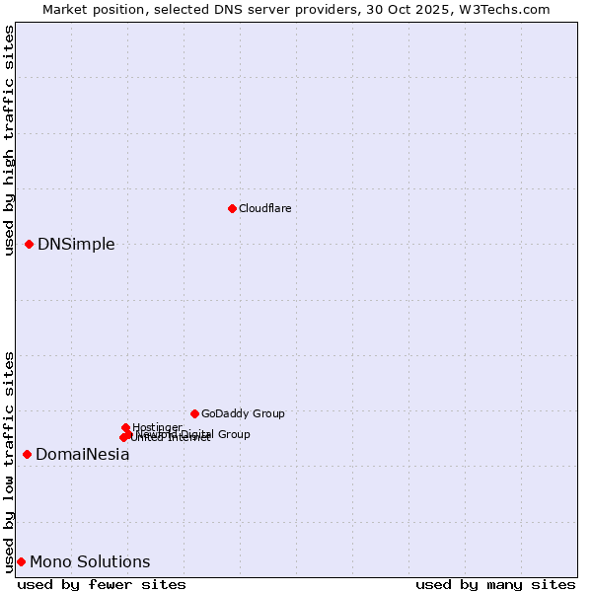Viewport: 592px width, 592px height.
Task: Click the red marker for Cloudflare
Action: point(232,208)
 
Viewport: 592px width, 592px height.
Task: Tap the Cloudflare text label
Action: point(264,208)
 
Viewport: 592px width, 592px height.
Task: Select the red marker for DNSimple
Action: point(30,244)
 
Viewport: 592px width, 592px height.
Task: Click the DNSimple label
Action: point(76,244)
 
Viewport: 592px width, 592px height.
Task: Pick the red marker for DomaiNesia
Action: point(28,454)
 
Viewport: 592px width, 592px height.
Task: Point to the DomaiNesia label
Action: point(83,455)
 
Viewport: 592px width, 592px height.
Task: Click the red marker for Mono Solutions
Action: point(21,561)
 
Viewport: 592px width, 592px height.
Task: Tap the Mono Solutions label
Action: point(90,562)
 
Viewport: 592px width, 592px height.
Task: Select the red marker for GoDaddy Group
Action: point(194,413)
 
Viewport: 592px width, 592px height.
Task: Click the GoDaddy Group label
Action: point(243,413)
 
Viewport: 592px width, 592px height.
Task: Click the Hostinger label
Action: point(157,427)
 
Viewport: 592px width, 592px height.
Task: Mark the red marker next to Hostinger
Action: point(125,427)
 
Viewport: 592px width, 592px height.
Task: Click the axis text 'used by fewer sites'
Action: point(102,584)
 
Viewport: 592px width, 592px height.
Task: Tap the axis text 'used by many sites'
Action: point(495,584)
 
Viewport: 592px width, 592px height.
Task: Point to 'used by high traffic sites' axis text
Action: point(9,140)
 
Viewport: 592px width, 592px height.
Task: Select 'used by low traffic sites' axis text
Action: point(9,462)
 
